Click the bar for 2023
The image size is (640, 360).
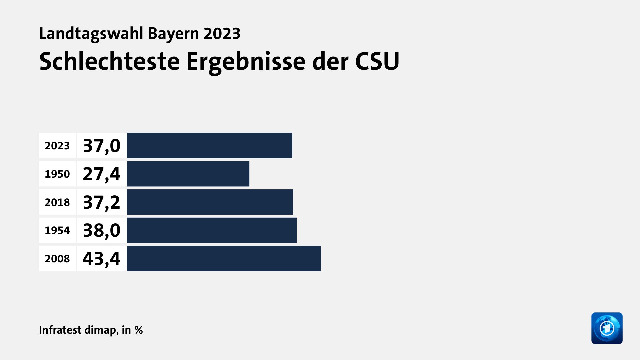tap(209, 146)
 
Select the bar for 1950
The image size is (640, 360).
tap(188, 174)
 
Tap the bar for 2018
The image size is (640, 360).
tap(210, 202)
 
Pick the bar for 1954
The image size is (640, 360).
tap(212, 230)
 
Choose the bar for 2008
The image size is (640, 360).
tap(224, 259)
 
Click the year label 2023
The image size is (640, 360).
tap(57, 146)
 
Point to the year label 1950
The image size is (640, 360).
tap(57, 174)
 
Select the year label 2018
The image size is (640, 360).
tap(57, 202)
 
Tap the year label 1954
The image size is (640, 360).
tap(57, 230)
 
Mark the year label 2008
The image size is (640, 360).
tap(57, 259)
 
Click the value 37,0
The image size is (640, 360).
tap(102, 146)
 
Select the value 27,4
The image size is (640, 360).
tap(102, 174)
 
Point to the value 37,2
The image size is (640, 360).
tap(102, 202)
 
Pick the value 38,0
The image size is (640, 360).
tap(102, 230)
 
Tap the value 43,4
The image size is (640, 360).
tap(102, 259)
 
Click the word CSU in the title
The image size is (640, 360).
tap(377, 61)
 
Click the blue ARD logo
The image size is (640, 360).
tap(607, 328)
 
